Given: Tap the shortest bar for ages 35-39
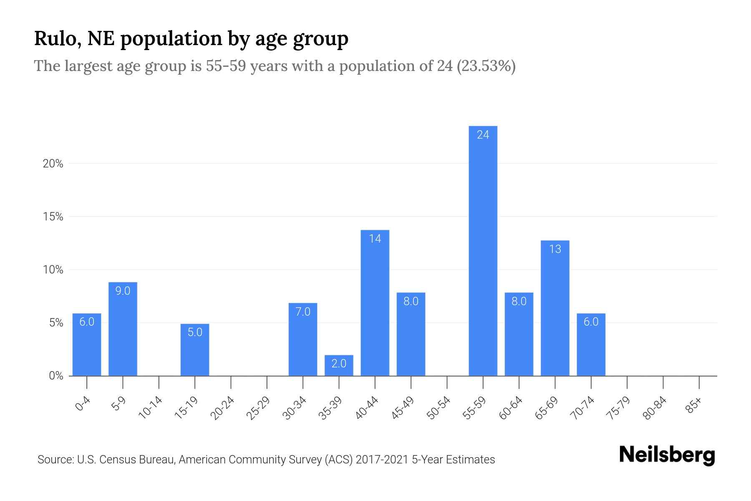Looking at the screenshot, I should (x=339, y=366).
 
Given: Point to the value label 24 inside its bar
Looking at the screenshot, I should (x=483, y=135).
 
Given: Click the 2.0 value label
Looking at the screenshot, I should (x=339, y=364).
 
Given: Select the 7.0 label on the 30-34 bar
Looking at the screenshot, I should (x=303, y=312).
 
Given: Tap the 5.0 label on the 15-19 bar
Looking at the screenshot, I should (x=195, y=332).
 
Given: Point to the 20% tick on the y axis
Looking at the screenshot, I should (x=53, y=164).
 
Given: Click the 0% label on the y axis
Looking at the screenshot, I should (x=56, y=376).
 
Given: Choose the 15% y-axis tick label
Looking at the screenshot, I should (x=53, y=217).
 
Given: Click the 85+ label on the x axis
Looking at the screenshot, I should (x=694, y=406).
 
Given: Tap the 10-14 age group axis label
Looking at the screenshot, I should (x=151, y=408).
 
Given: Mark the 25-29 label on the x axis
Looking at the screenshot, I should (x=259, y=408).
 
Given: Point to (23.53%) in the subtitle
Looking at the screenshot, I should (x=486, y=66).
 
